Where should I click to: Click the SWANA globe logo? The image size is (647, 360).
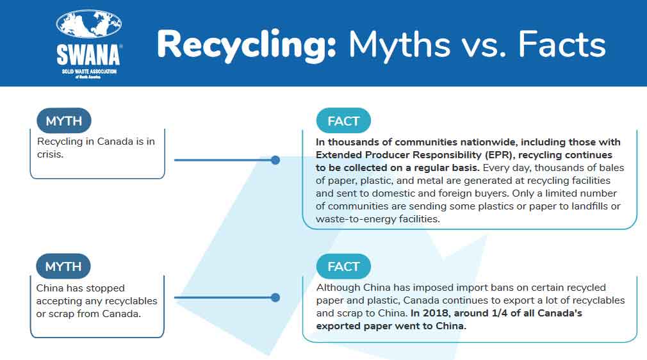point(88,24)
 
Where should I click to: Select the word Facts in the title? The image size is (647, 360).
point(561,45)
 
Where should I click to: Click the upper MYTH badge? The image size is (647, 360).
point(64,121)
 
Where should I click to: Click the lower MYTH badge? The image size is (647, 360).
point(64,266)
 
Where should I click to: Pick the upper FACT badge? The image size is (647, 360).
point(343,121)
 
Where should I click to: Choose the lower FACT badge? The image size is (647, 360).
point(343,266)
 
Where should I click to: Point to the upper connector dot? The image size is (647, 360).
point(275,160)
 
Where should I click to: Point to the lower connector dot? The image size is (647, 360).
point(275,297)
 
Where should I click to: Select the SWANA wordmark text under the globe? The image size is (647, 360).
point(88,54)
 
